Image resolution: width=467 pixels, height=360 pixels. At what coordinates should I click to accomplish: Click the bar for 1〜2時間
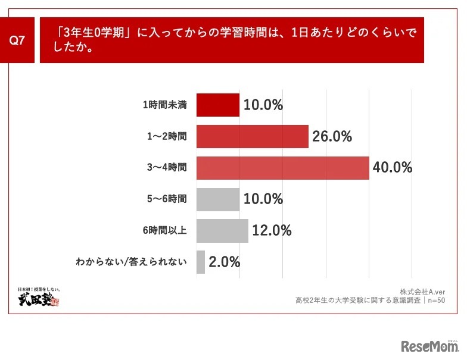coord(252,137)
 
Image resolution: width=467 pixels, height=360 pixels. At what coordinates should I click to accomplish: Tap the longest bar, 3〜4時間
coord(282,168)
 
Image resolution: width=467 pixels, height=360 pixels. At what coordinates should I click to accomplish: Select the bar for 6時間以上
coord(222,230)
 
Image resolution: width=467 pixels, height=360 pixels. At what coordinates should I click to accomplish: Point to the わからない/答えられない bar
coord(200,262)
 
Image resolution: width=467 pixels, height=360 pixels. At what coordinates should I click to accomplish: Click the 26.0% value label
coord(332,137)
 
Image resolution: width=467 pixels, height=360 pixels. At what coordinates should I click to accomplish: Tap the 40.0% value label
coord(393,168)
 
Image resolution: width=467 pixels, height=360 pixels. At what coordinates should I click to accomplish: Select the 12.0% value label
coord(272,230)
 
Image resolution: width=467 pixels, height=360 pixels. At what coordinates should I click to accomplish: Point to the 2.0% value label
coord(224,262)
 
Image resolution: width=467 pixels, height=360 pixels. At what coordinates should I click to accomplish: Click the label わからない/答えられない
coord(132,262)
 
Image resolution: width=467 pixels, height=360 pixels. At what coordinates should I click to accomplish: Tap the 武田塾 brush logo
coord(39,297)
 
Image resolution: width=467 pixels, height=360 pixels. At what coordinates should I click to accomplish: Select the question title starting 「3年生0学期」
coord(232,40)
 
